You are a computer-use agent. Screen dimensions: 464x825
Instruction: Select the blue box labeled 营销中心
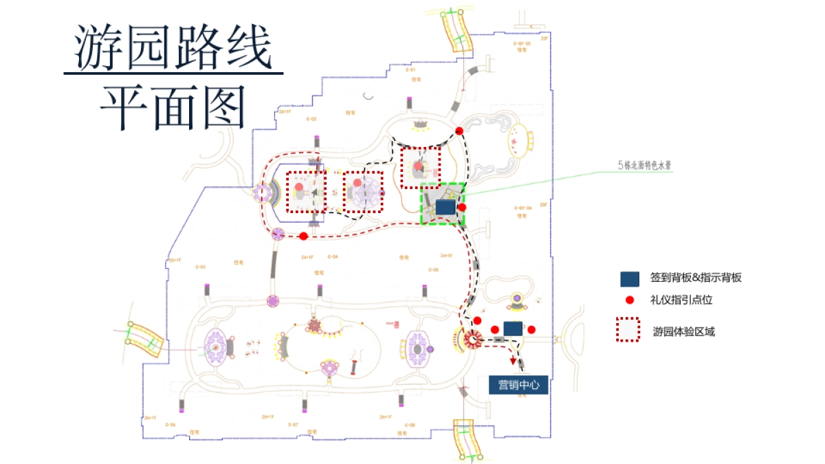[x=518, y=385]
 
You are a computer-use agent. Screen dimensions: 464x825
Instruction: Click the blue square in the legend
[x=630, y=278]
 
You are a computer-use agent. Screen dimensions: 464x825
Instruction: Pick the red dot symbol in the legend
[x=630, y=300]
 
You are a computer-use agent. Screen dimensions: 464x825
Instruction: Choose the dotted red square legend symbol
[x=628, y=330]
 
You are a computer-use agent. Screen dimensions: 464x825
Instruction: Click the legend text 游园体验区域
[x=683, y=331]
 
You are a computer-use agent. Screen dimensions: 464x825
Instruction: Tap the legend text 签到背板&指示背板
[x=696, y=278]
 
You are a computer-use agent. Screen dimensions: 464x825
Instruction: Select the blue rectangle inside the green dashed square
[x=445, y=206]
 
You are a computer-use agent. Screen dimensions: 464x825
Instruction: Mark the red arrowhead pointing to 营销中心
[x=512, y=363]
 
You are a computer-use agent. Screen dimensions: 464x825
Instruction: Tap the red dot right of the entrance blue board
[x=531, y=329]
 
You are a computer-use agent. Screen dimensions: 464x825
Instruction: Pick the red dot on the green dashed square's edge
[x=463, y=207]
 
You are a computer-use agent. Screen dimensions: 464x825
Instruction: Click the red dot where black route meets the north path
[x=459, y=131]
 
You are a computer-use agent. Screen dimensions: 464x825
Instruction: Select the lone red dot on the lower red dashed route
[x=303, y=236]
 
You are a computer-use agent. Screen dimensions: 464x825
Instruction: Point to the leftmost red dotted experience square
[x=307, y=192]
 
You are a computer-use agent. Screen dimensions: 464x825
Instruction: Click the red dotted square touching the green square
[x=421, y=166]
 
